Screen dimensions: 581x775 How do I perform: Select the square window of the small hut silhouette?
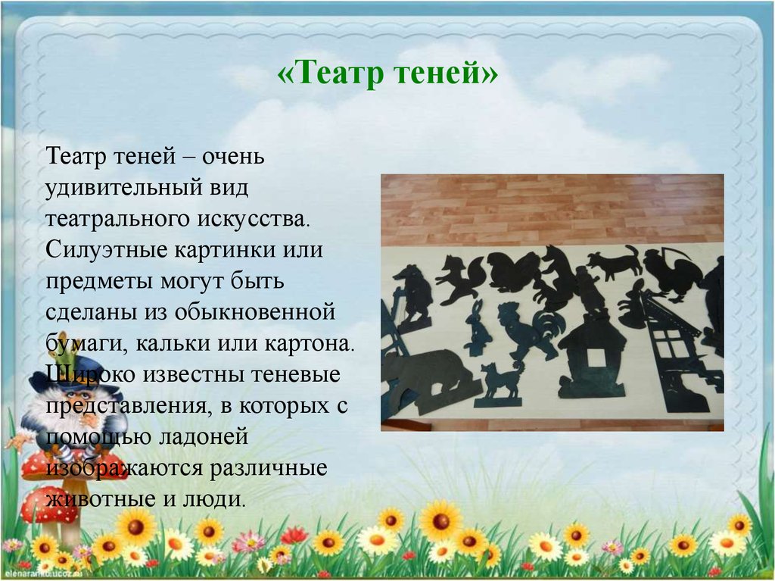tap(593, 357)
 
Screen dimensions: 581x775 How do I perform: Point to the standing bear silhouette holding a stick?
tap(412, 292)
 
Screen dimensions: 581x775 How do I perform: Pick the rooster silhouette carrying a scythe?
tap(670, 273)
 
